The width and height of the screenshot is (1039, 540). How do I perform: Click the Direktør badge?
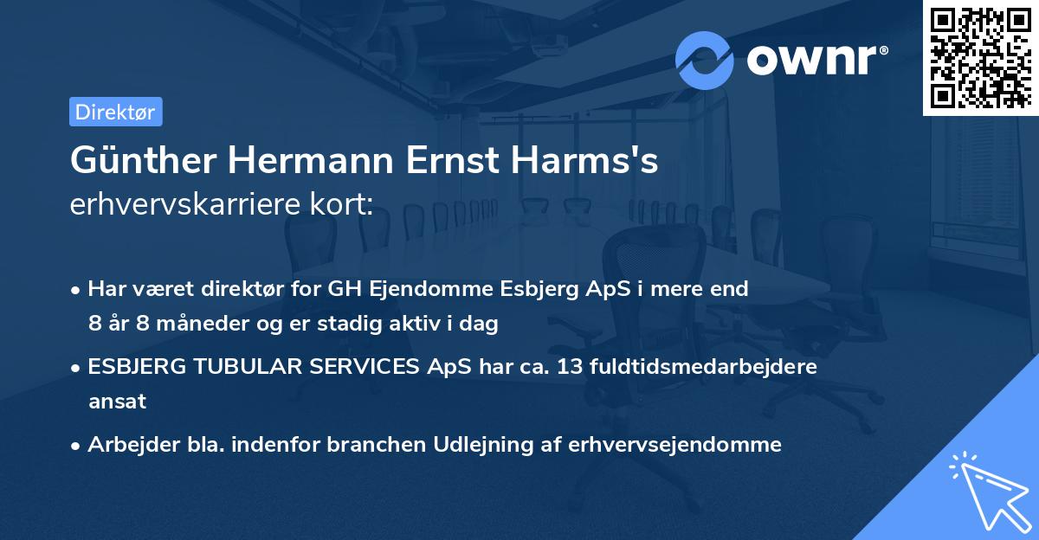[x=115, y=112]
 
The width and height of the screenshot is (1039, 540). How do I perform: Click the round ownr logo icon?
[x=705, y=60]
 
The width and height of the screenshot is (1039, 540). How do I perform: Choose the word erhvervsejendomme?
[x=675, y=445]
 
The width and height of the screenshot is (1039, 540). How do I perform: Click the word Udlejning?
[x=488, y=445]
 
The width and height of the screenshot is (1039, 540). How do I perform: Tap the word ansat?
[x=116, y=402]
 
